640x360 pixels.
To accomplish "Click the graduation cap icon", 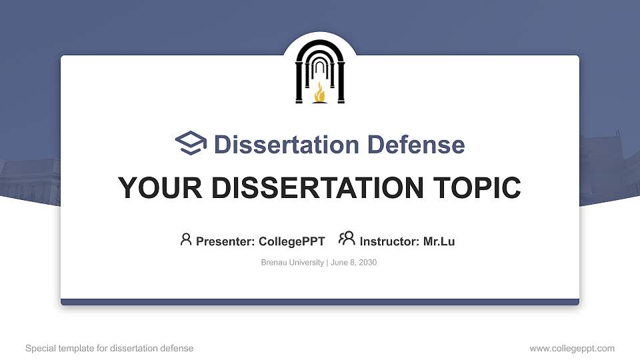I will click(191, 143).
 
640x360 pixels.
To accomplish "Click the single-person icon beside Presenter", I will click(186, 239).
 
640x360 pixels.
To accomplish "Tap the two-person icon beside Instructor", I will click(347, 239).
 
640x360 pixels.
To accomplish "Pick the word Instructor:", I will click(390, 241).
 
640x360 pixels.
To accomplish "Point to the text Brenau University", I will click(292, 263).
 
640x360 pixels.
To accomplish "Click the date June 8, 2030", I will click(353, 263).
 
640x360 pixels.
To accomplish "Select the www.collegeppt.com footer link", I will click(571, 348).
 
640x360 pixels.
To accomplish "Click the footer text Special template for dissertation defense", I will click(109, 348).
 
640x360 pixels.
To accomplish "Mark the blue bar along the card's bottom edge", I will click(320, 302).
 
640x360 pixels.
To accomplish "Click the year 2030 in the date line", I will click(367, 263).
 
